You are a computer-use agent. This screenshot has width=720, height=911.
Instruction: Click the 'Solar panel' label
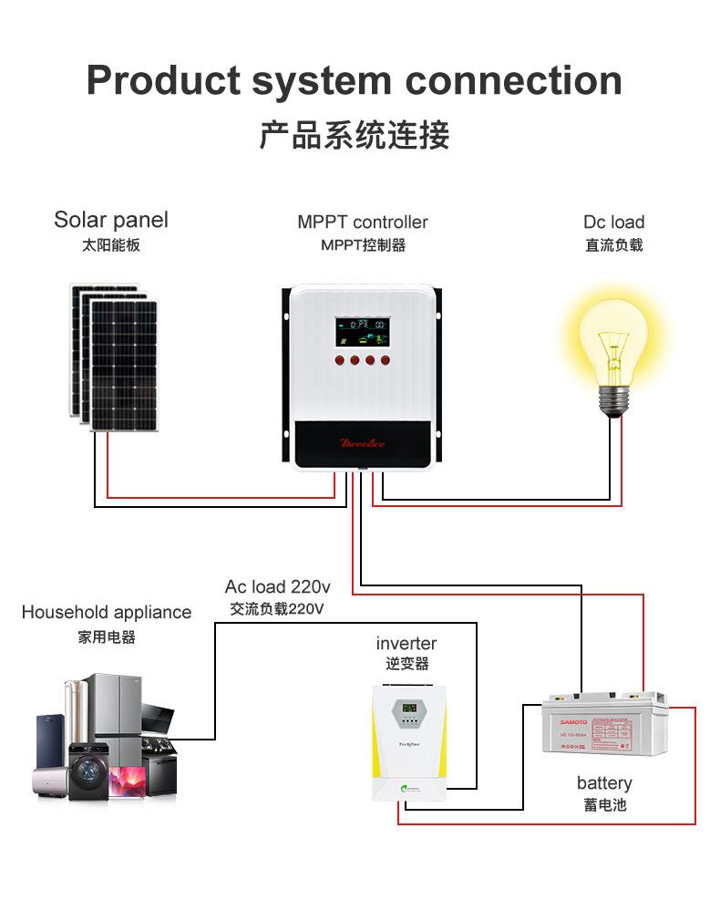point(110,220)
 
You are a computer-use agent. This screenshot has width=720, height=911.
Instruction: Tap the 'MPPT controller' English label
point(362,223)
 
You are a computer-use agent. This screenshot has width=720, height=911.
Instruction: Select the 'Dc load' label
point(613,223)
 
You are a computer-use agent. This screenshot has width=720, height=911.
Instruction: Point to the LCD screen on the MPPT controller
point(361,329)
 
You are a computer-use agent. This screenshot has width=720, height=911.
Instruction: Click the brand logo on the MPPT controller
point(362,443)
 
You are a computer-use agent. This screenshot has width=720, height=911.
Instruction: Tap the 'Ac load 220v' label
point(278,586)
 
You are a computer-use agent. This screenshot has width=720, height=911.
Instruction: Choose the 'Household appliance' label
point(107,612)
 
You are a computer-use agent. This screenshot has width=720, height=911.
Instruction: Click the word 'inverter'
point(406,643)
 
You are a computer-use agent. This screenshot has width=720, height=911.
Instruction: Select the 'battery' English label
point(603,783)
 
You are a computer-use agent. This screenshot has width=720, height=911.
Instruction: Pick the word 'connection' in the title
point(514,80)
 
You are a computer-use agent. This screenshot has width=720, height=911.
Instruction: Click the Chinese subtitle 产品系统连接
point(355,136)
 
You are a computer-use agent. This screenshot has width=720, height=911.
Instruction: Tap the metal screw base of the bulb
point(616,400)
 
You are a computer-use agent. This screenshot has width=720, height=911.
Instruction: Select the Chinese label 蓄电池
point(604,805)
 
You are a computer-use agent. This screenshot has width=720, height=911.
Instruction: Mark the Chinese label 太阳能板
point(110,245)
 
